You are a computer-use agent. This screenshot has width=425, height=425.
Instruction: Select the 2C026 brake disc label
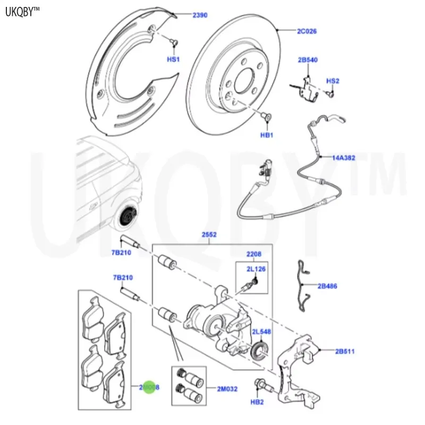point(307,31)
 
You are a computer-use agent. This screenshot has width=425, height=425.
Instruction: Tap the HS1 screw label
point(174,59)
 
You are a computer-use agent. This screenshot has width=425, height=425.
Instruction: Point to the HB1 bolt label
point(266,135)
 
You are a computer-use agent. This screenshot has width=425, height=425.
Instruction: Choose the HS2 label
point(333,81)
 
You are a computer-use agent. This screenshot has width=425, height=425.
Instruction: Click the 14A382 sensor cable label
point(344,158)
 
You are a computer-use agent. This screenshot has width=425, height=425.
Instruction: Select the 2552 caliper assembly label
point(208,234)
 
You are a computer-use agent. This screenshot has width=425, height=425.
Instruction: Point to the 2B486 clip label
point(327,286)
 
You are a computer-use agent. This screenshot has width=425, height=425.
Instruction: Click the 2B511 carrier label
point(345,351)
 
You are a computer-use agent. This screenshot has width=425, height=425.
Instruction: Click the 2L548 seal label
point(261,331)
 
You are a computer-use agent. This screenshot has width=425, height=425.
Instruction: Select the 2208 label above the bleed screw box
point(253,255)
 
